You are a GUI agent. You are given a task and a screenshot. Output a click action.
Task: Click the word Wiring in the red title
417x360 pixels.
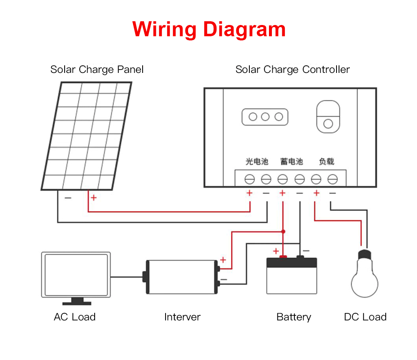coord(164,29)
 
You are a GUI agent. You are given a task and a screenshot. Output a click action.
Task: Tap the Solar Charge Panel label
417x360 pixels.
coord(97,70)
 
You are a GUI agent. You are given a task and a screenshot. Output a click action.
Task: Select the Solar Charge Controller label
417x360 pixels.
coord(293,70)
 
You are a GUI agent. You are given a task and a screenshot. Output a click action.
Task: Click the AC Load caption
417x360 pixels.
coord(75,317)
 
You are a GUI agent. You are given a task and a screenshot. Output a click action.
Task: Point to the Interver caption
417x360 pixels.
coord(183,317)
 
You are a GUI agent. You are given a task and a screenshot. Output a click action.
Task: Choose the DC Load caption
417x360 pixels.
coord(365,317)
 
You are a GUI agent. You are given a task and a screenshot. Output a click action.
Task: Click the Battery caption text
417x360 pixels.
coord(294,317)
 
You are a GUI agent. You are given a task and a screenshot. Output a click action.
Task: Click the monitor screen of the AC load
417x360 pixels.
coord(76,275)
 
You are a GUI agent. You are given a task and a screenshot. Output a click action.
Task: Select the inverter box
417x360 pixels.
coord(182,277)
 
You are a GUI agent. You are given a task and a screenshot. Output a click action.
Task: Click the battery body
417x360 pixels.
coord(292,276)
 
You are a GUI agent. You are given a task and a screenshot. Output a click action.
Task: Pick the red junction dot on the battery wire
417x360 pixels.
coord(283,232)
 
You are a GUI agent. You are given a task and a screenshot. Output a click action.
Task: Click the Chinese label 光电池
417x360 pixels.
coord(257,161)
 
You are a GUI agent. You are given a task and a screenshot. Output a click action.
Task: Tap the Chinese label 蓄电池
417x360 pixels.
coord(292,161)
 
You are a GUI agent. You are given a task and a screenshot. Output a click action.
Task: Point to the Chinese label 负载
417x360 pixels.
coord(327,161)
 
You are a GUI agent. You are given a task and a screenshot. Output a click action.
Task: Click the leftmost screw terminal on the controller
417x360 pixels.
coord(249,179)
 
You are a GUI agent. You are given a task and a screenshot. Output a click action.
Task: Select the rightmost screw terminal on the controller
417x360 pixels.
coord(332,179)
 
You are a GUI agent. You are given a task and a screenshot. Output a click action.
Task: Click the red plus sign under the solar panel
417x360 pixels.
coord(93,197)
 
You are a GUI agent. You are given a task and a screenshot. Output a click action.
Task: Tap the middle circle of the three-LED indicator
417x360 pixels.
coord(265,117)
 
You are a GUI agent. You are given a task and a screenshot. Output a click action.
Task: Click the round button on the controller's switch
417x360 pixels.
coord(328,124)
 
